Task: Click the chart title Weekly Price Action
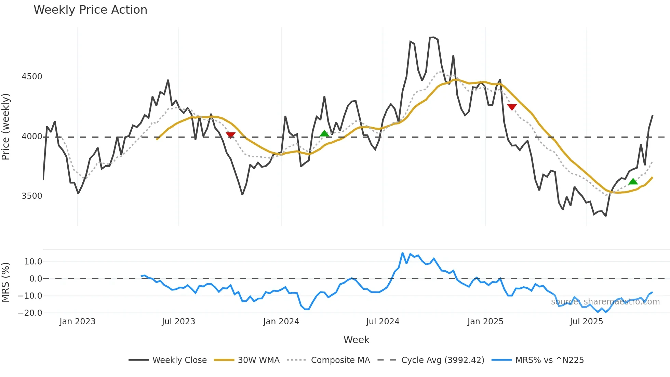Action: [90, 10]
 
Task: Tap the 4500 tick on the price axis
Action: [32, 76]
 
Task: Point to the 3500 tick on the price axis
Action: [32, 196]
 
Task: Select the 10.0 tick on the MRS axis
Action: [33, 262]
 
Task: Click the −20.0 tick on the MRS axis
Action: [30, 313]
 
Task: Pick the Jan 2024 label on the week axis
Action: [281, 322]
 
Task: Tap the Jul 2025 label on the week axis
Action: [586, 322]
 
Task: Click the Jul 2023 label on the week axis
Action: [178, 322]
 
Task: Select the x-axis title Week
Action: [356, 340]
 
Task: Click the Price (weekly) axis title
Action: [6, 127]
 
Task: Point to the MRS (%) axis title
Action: [6, 282]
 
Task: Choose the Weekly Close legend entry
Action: [168, 360]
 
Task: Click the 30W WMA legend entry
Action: [247, 360]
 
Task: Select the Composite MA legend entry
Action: [329, 360]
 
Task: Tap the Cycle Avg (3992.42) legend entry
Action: [431, 360]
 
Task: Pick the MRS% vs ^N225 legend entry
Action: [538, 360]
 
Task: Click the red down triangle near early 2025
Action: [512, 107]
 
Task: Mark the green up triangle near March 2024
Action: [324, 133]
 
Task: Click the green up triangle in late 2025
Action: [633, 182]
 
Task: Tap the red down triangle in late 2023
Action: [231, 135]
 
